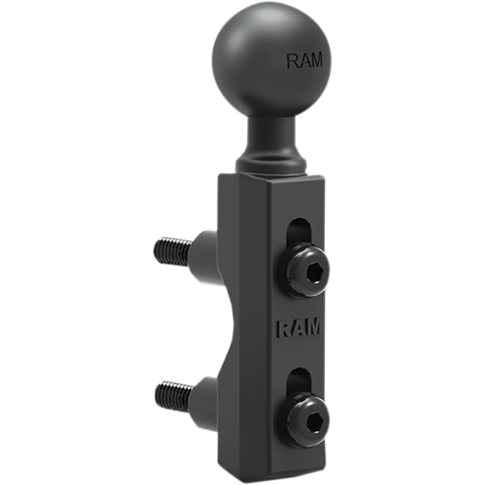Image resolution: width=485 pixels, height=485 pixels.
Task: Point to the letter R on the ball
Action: click(293, 60)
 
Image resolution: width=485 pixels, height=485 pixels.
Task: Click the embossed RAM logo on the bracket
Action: click(299, 328)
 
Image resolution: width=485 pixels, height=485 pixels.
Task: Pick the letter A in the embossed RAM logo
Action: click(297, 328)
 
